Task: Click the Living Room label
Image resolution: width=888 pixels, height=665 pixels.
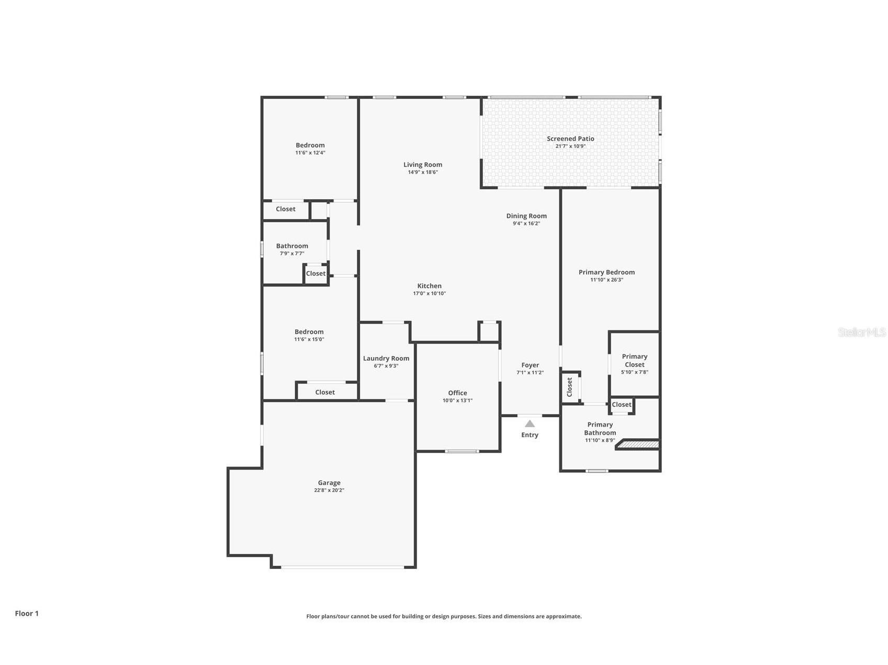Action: pyautogui.click(x=422, y=165)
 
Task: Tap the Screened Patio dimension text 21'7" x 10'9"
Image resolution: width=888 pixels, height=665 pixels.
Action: pyautogui.click(x=570, y=146)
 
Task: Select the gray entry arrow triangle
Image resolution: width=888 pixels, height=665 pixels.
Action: pyautogui.click(x=530, y=423)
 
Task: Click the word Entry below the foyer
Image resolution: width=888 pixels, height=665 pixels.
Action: pyautogui.click(x=530, y=435)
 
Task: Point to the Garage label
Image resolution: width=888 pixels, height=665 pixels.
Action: pyautogui.click(x=329, y=483)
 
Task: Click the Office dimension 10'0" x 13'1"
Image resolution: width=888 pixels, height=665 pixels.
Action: pyautogui.click(x=457, y=400)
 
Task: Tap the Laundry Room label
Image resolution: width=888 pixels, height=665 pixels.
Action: pyautogui.click(x=386, y=358)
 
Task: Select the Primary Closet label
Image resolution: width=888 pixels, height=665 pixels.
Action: pyautogui.click(x=634, y=360)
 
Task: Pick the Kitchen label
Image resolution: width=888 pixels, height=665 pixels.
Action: pyautogui.click(x=429, y=286)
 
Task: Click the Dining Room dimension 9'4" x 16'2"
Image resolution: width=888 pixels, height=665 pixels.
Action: pyautogui.click(x=526, y=223)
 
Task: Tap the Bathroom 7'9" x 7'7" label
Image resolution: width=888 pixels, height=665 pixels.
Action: pyautogui.click(x=292, y=246)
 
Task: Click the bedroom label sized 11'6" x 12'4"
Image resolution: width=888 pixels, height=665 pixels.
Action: pyautogui.click(x=310, y=145)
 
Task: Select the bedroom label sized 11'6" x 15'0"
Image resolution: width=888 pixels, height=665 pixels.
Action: pyautogui.click(x=309, y=332)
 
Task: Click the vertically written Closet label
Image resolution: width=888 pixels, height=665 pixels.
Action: pyautogui.click(x=569, y=387)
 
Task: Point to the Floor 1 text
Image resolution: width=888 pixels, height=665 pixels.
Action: pyautogui.click(x=27, y=613)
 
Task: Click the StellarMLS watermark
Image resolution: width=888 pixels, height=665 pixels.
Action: pyautogui.click(x=861, y=332)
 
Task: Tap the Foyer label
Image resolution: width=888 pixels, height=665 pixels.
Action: pyautogui.click(x=530, y=365)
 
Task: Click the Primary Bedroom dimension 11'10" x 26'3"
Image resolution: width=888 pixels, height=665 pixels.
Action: pyautogui.click(x=606, y=280)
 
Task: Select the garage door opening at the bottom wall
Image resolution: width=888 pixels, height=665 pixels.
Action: pyautogui.click(x=342, y=567)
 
